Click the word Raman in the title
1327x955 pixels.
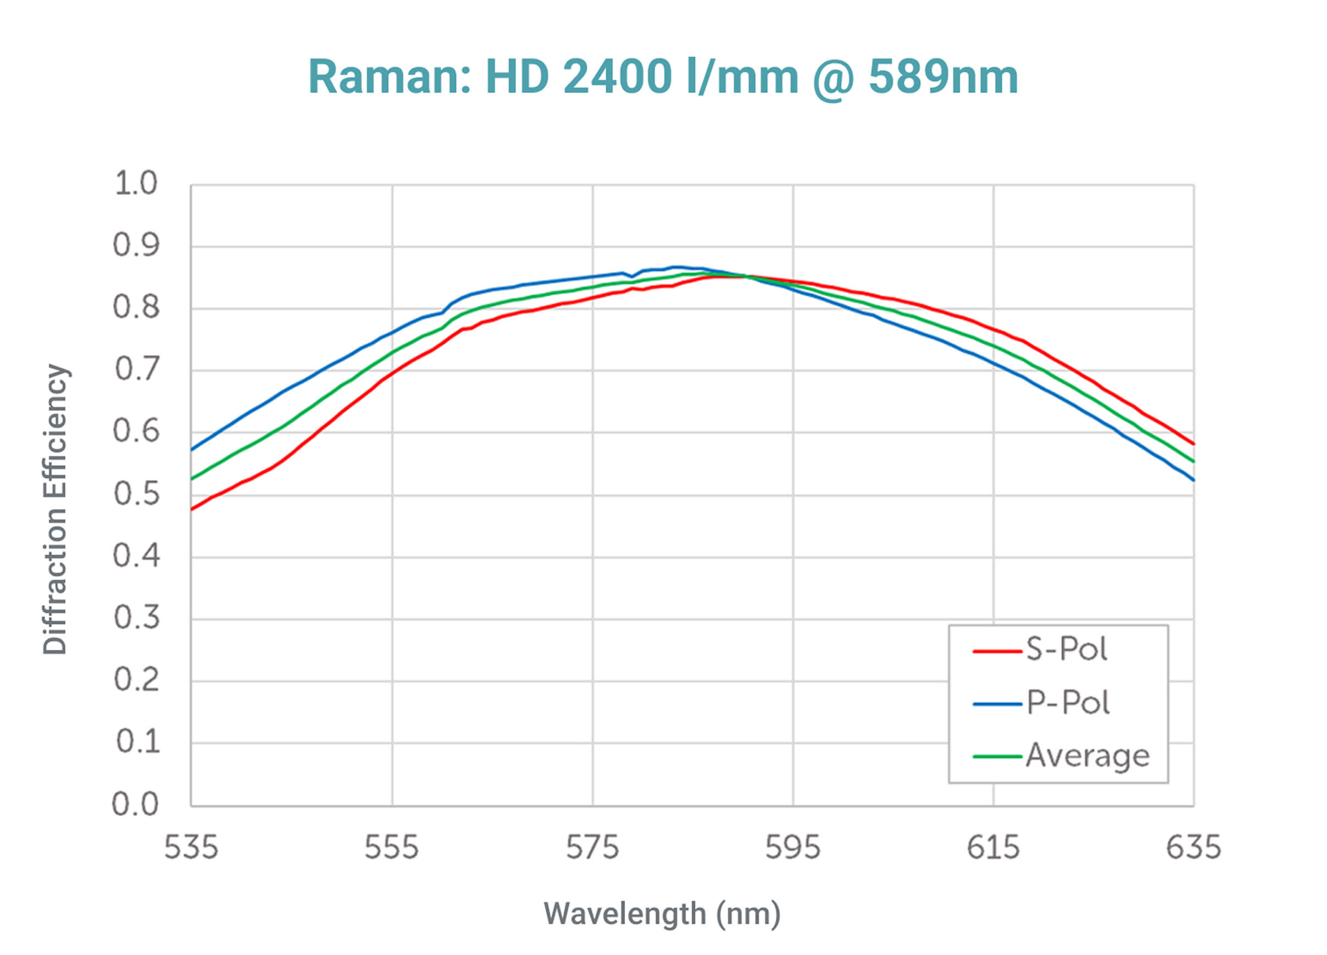(x=389, y=77)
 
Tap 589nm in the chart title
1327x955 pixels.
(x=943, y=77)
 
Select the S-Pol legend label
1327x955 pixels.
(x=1066, y=649)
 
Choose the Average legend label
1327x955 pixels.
(x=1088, y=755)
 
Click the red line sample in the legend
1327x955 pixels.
(x=997, y=651)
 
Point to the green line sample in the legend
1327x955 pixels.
(x=997, y=757)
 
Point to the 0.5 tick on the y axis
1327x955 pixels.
(x=136, y=494)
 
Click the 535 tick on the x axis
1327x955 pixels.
(x=191, y=847)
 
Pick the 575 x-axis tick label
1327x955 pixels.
(x=592, y=847)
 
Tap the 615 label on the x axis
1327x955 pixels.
(x=993, y=847)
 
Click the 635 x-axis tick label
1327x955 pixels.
(x=1194, y=847)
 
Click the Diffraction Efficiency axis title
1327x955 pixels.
(x=56, y=509)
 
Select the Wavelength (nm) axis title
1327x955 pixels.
(x=662, y=913)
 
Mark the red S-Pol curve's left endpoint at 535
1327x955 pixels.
(x=193, y=509)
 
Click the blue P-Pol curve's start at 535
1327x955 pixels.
(x=193, y=449)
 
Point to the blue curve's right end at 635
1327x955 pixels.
(x=1192, y=479)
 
